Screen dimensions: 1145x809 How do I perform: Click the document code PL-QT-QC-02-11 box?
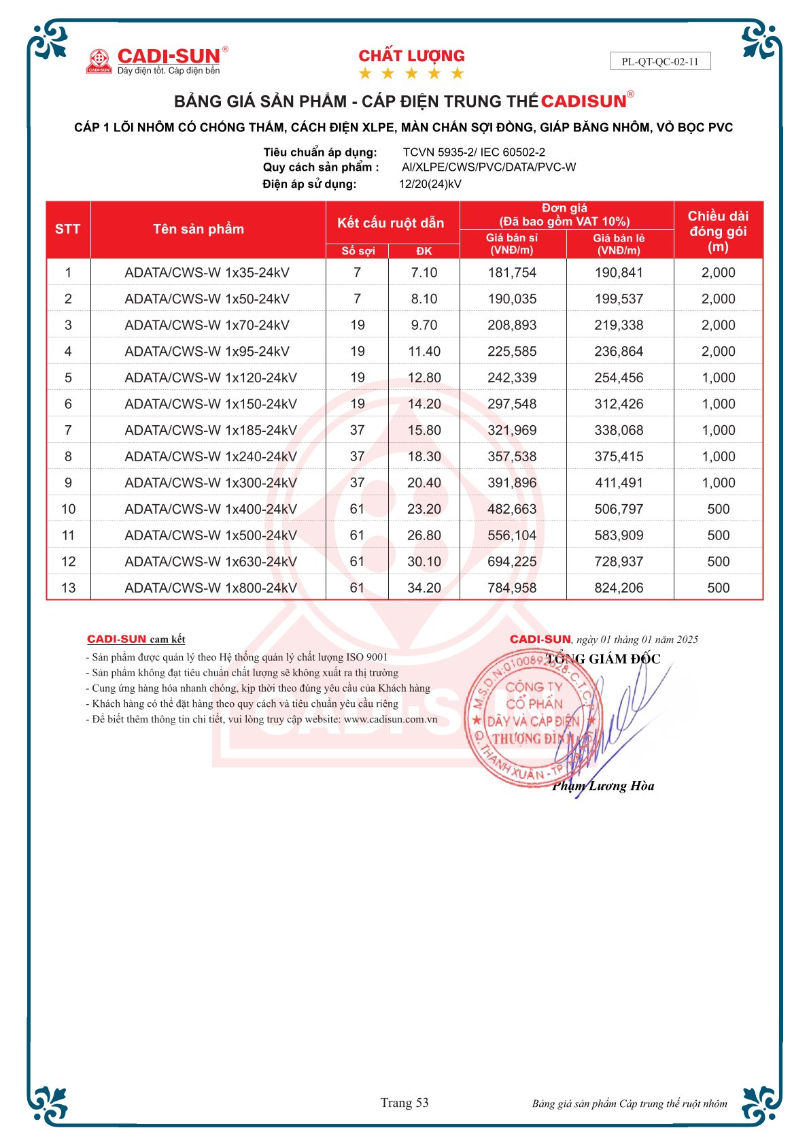pos(660,61)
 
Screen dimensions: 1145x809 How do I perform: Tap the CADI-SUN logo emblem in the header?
pos(99,61)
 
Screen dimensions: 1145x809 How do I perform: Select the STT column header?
pos(68,229)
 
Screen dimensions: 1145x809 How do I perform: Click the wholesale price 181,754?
pos(512,273)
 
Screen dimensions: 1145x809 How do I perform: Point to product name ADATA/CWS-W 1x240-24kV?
pos(211,457)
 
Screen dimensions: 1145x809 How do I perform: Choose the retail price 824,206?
pos(619,588)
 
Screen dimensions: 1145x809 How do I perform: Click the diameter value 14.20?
pos(424,404)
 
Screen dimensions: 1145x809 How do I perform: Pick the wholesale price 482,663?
pos(512,509)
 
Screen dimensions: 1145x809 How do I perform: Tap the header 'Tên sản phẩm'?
pos(199,229)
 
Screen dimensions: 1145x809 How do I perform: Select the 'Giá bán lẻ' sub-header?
pos(619,244)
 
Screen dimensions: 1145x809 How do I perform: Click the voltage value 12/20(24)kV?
pos(430,184)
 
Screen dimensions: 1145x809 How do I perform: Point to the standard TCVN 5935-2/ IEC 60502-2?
pos(474,152)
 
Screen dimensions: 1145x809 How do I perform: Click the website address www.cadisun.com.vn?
pos(391,719)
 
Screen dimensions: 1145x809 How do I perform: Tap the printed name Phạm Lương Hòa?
pos(604,786)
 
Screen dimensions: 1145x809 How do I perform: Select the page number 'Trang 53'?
pos(404,1103)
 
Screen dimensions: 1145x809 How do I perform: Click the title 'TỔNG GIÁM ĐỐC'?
pos(603,659)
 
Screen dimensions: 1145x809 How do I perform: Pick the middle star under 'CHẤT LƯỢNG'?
pos(411,73)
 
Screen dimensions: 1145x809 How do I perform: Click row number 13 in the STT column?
pos(68,588)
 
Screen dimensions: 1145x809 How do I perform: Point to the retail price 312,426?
pos(619,404)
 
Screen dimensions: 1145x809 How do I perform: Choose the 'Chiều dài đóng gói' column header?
pos(718,231)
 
